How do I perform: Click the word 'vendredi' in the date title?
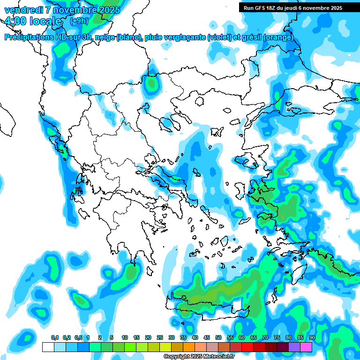coord(22,9)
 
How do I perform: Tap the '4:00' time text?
coord(16,21)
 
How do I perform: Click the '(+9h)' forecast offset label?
coord(79,21)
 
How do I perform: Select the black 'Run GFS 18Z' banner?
coord(293,8)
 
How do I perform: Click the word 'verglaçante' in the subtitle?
coord(182,37)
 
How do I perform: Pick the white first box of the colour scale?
coord(48,347)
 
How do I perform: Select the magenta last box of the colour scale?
coord(306,347)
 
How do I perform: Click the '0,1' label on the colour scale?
coord(55,338)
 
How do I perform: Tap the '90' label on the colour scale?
coord(312,338)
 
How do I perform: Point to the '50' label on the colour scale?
coord(218,338)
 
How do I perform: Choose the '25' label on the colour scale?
coord(160,338)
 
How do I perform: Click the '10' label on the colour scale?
coord(125,338)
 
